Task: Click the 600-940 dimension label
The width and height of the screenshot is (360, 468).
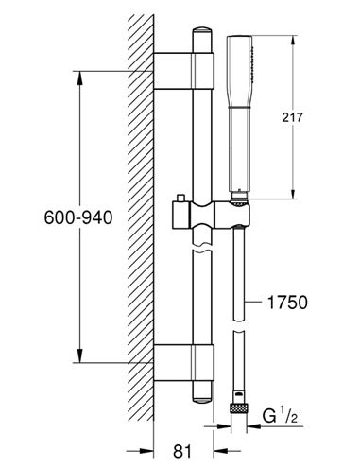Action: point(78,217)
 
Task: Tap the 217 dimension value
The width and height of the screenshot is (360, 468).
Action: point(292,117)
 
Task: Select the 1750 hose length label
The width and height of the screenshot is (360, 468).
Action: point(287,303)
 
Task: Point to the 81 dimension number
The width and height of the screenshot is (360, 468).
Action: point(182,451)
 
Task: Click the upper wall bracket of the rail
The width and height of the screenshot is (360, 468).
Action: point(184,71)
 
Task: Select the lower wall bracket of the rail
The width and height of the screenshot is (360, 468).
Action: point(184,363)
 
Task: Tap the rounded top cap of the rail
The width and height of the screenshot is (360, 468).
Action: point(202,32)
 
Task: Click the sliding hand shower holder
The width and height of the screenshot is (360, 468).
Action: point(212,215)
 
